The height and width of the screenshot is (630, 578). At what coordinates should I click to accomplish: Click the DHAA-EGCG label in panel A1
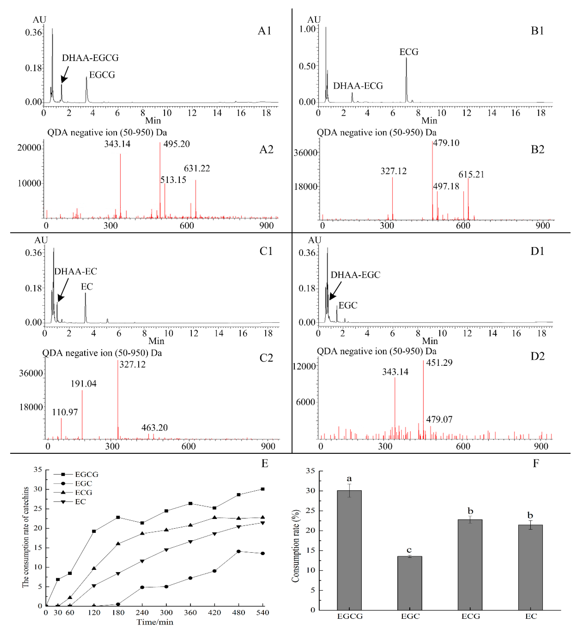90,58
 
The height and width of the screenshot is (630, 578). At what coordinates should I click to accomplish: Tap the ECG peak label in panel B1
409,52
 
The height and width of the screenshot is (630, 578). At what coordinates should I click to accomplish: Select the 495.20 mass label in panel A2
176,144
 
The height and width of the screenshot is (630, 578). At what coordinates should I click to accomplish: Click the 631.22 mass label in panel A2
197,168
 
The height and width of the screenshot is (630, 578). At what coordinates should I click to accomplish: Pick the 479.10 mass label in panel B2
446,143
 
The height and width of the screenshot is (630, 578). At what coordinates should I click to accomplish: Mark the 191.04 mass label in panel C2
83,384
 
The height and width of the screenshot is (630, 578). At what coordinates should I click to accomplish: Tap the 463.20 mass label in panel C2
154,428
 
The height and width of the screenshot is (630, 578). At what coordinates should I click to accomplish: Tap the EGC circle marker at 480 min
239,551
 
